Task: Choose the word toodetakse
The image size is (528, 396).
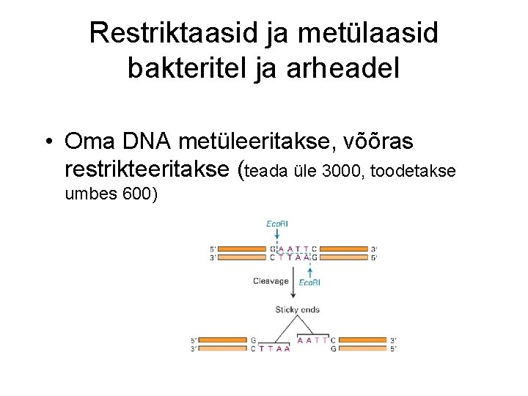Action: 414,172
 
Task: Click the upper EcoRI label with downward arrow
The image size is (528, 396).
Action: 278,224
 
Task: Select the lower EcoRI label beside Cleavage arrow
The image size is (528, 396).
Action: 308,282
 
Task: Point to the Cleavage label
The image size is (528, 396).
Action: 271,280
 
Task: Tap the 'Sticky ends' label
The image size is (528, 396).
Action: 297,309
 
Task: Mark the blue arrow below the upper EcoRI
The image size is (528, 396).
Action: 278,235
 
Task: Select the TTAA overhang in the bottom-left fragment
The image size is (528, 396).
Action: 278,348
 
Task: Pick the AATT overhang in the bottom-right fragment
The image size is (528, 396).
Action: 312,340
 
